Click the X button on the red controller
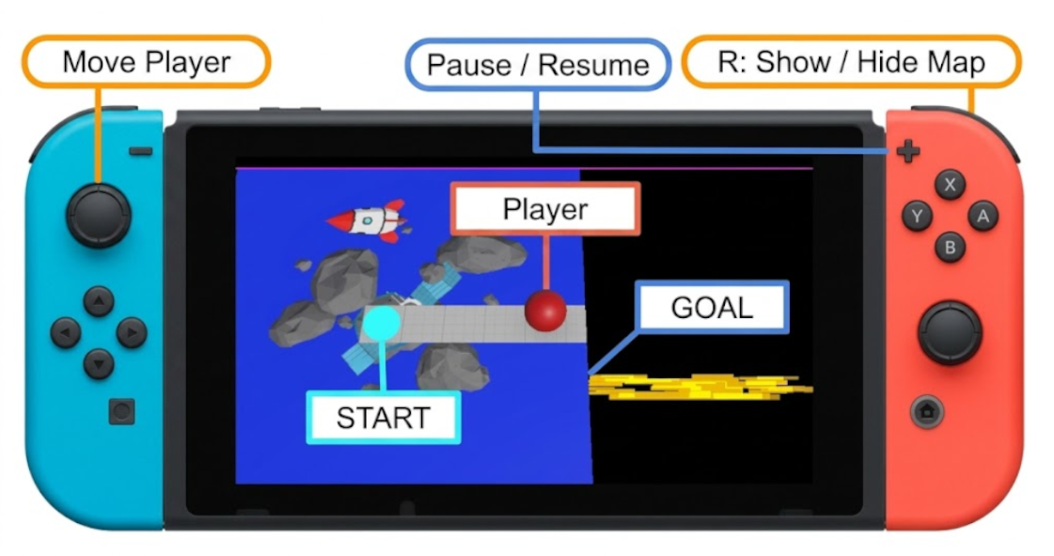(950, 184)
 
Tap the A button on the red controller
(983, 215)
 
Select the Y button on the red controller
(917, 215)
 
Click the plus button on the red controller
(908, 151)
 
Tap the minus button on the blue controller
(140, 151)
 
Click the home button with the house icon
(927, 411)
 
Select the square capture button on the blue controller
(121, 411)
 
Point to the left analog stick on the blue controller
(98, 215)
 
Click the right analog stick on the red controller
(950, 333)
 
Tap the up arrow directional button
(98, 301)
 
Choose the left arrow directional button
(66, 332)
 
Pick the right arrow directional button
(132, 332)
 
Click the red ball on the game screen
(545, 310)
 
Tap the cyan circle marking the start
(382, 324)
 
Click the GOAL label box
(712, 308)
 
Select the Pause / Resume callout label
(538, 65)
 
